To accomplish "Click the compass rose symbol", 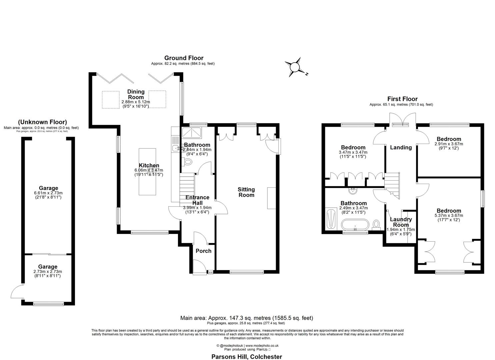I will pyautogui.click(x=295, y=67).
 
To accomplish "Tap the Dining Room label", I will pyautogui.click(x=136, y=94).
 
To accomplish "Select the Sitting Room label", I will pyautogui.click(x=246, y=192).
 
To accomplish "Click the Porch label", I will pyautogui.click(x=203, y=251).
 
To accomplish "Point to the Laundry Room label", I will pyautogui.click(x=401, y=222).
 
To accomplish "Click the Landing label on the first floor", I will pyautogui.click(x=401, y=147).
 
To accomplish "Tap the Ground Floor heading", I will pyautogui.click(x=184, y=58).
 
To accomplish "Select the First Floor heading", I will pyautogui.click(x=402, y=99).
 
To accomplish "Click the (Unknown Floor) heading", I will pyautogui.click(x=42, y=122).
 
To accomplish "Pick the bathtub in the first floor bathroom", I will pyautogui.click(x=355, y=225).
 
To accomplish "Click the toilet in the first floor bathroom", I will pyautogui.click(x=377, y=224).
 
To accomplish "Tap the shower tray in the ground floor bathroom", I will pyautogui.click(x=192, y=133).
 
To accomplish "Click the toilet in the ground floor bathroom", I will pyautogui.click(x=188, y=162).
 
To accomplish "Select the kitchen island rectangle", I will pyautogui.click(x=147, y=172).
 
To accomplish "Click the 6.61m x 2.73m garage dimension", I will pyautogui.click(x=48, y=193).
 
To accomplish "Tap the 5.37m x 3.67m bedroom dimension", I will pyautogui.click(x=449, y=215).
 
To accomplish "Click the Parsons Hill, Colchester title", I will pyautogui.click(x=247, y=357).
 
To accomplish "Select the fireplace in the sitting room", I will pyautogui.click(x=271, y=198).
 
